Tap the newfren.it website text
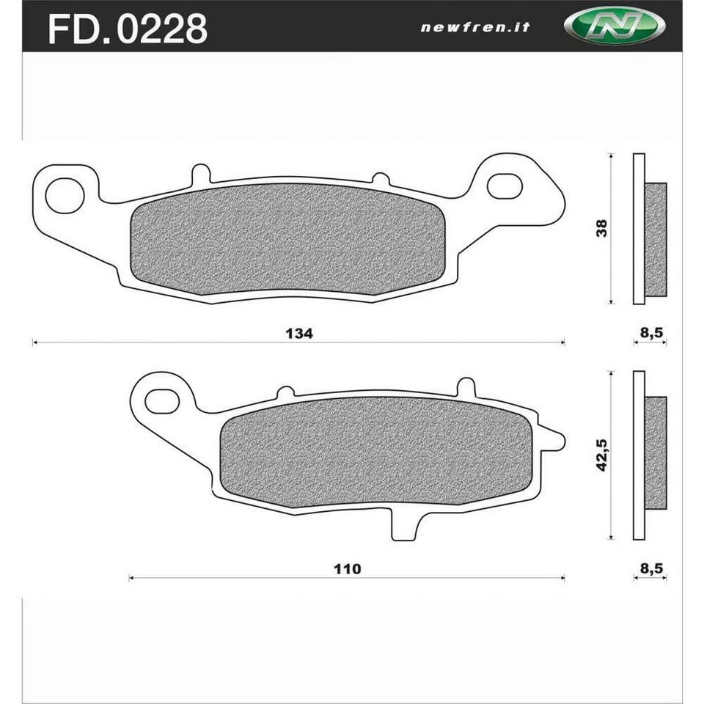point(474,28)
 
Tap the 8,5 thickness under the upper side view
point(651,333)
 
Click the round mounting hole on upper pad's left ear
point(64,194)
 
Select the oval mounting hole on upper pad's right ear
point(505,186)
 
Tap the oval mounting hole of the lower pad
point(162,400)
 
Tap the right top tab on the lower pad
point(466,387)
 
